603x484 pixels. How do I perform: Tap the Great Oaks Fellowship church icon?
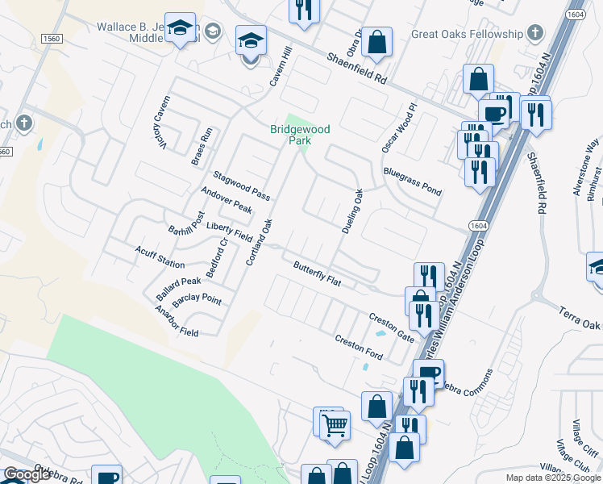(534, 33)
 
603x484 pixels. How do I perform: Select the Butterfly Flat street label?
(318, 273)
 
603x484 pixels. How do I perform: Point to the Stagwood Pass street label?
(241, 186)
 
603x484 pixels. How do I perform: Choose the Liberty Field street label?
(229, 232)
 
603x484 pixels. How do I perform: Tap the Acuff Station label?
(160, 257)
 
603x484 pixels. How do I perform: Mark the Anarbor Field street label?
(177, 321)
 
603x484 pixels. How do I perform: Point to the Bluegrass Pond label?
(413, 181)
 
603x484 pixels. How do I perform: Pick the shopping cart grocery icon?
(335, 423)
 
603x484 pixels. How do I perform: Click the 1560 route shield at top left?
(52, 39)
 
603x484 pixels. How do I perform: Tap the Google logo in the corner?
(27, 474)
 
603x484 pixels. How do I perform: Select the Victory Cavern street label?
(160, 129)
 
